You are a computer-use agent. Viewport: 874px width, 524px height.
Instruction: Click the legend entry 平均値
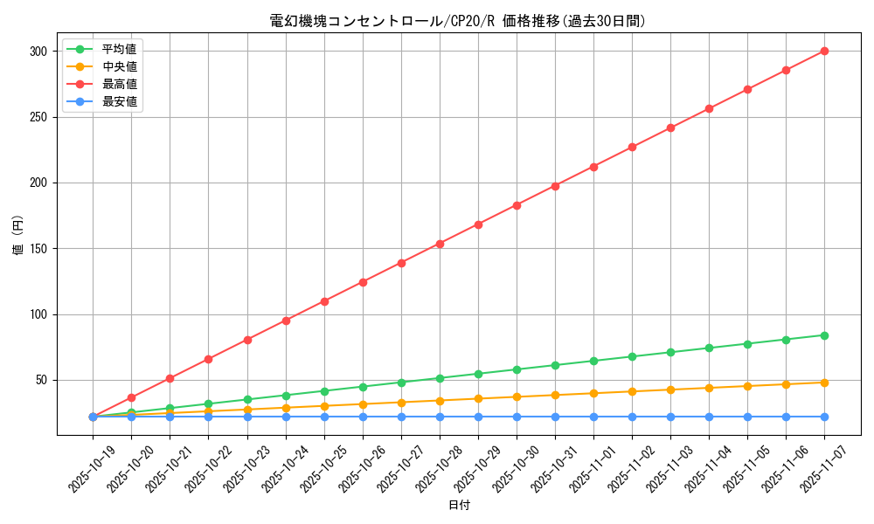coord(119,49)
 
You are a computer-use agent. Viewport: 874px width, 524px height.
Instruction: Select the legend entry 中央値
coord(119,66)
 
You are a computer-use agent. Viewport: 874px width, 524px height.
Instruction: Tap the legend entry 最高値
coord(119,84)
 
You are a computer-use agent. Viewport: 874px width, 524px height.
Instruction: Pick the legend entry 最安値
coord(119,101)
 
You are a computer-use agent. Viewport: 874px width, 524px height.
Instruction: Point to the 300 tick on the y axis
coord(37,52)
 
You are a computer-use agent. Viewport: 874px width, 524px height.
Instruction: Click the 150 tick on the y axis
coord(37,249)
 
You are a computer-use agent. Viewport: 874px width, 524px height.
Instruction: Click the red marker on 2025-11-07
coord(824,51)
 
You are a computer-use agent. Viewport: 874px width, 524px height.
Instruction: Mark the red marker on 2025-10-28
coord(440,244)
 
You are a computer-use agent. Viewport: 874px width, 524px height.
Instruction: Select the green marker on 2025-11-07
coord(824,335)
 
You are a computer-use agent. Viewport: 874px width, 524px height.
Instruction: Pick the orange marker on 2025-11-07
coord(824,383)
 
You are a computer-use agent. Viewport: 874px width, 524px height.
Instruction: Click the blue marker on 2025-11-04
coord(709,417)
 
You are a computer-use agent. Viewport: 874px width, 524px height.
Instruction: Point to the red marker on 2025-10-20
coord(131,397)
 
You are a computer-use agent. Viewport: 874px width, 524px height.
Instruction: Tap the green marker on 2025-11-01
coord(593,361)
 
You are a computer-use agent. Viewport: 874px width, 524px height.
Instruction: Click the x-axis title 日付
coord(459,506)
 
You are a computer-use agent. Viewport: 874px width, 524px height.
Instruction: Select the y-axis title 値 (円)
coord(18,237)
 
